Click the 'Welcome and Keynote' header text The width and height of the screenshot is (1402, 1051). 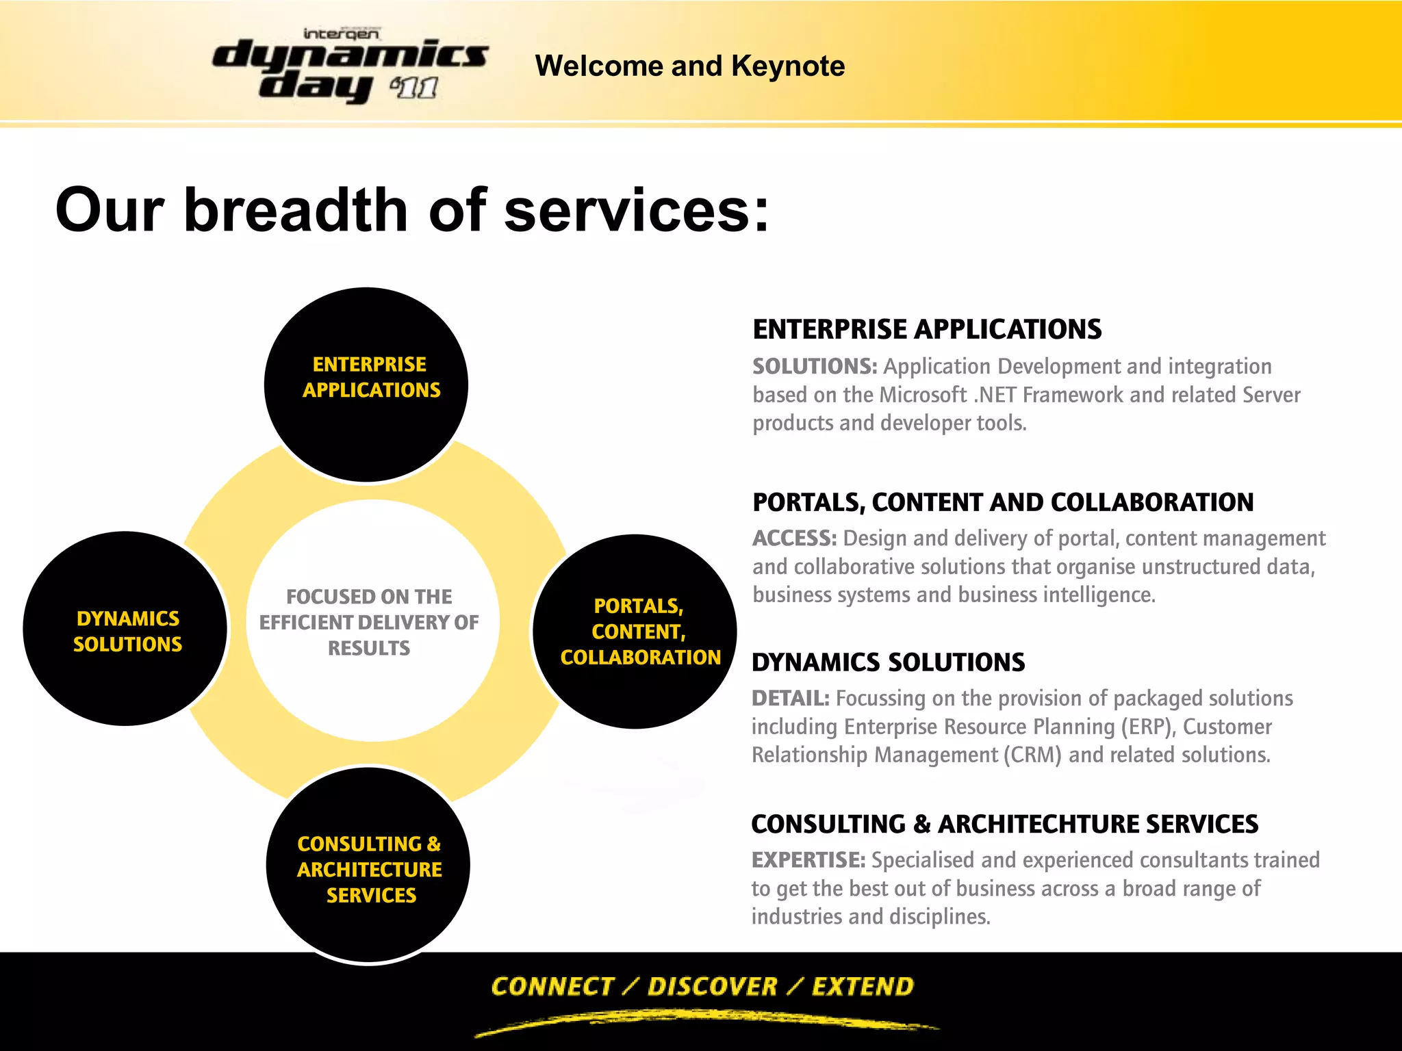pos(689,66)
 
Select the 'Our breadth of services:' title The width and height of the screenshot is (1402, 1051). pos(412,209)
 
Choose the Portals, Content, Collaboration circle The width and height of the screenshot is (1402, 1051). pos(635,691)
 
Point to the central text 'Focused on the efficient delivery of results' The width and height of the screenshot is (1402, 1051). pos(369,622)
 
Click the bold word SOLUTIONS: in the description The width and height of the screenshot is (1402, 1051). pos(814,367)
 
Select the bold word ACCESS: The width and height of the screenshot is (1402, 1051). pos(794,539)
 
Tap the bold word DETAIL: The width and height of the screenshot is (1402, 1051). pos(790,699)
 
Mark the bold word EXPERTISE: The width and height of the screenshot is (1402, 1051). pos(808,860)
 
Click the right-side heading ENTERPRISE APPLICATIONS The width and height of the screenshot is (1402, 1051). pos(927,330)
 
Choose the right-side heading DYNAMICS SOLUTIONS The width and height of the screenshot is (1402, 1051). pos(888,662)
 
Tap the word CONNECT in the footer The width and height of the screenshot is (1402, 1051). pos(552,986)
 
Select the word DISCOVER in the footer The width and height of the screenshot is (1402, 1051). pos(712,986)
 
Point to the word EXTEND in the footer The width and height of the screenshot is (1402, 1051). pos(863,986)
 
